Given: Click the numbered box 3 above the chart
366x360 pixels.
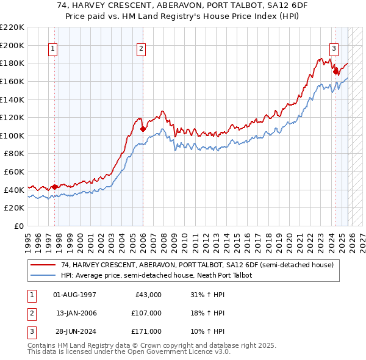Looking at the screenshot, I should [x=334, y=49].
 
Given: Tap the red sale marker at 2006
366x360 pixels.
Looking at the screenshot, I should [x=143, y=129].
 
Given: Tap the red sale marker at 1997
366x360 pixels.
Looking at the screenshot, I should [x=55, y=187].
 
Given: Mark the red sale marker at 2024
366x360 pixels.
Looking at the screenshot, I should [x=335, y=71].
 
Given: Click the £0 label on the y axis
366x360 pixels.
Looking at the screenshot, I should [x=20, y=226].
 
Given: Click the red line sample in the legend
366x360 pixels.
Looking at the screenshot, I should [x=44, y=265].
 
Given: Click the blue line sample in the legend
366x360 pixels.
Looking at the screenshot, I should [x=44, y=276].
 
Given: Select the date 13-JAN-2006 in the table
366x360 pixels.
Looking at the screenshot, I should [x=76, y=313].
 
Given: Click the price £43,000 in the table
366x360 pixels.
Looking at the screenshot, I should [x=148, y=295].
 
